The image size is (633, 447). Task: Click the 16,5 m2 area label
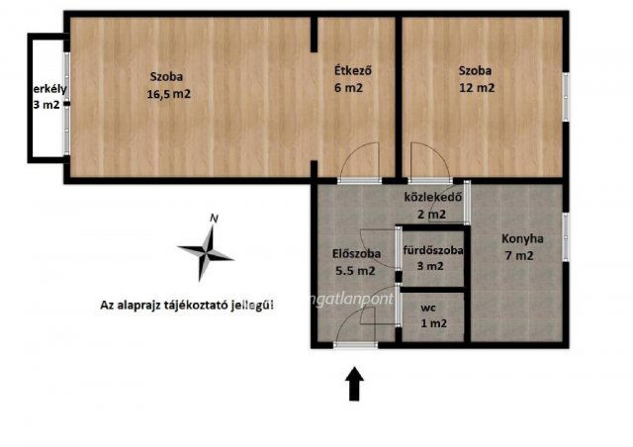pos(167,94)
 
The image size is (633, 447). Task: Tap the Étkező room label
pos(351,70)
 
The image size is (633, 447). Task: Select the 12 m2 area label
pos(476,88)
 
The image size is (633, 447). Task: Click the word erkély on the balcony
pos(45,88)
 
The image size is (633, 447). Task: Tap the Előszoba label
pos(352,252)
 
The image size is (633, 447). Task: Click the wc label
pos(432,306)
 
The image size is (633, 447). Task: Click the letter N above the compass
pos(215,220)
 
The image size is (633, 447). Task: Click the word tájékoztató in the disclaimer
pos(199,306)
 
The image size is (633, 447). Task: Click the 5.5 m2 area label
pos(354,270)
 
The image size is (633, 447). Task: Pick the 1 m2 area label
pos(433,322)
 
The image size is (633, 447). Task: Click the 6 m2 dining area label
pos(351,88)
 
